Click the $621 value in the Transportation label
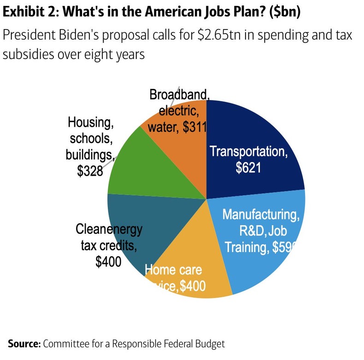(248, 168)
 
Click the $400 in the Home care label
(193, 287)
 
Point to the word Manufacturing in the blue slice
(261, 214)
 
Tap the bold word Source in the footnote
(24, 343)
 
